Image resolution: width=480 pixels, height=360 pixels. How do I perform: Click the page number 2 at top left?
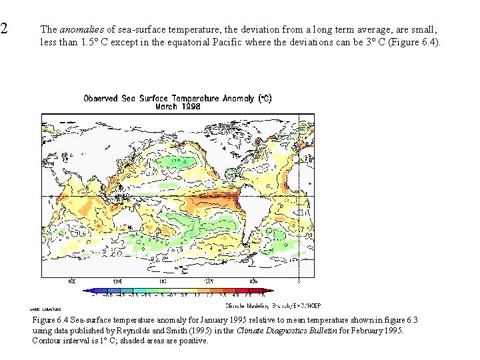pos(4,29)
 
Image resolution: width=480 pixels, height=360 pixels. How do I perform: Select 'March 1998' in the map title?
pos(177,106)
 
